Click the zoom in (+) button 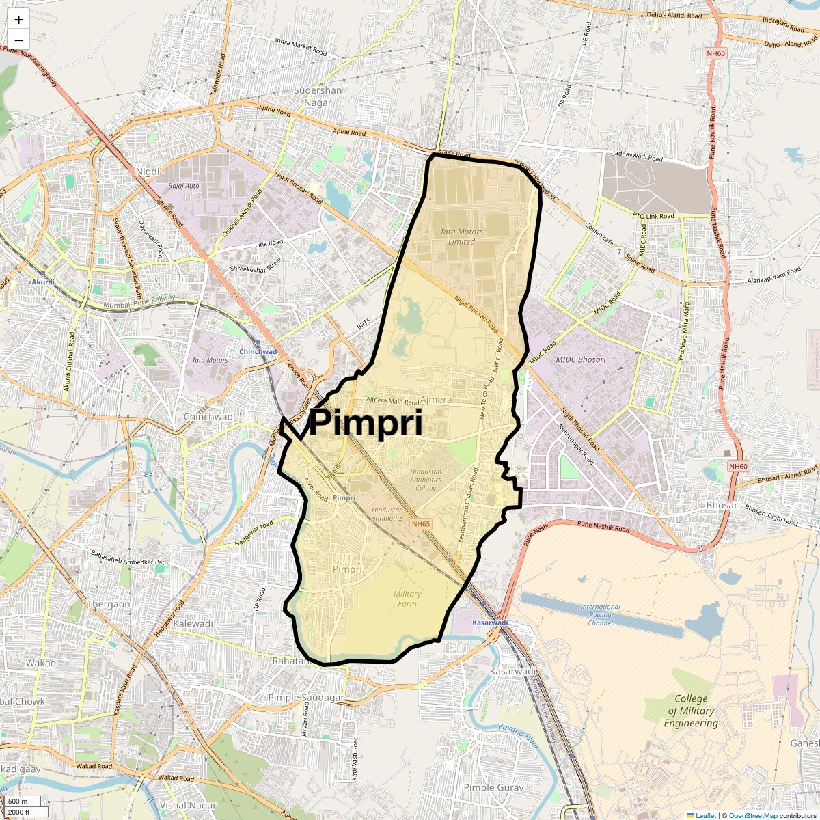point(18,20)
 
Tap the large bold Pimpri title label point(366,423)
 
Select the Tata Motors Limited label point(461,236)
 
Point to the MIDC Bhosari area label point(580,359)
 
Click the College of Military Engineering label point(691,711)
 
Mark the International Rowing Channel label point(600,614)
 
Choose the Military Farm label point(407,599)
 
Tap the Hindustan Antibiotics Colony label point(426,480)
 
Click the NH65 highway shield point(421,524)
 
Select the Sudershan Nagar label point(318,96)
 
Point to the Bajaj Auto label point(184,186)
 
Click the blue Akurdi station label point(42,282)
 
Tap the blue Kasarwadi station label point(490,623)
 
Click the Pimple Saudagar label point(305,698)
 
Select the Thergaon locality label point(109,604)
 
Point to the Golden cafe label point(599,233)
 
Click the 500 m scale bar point(18,801)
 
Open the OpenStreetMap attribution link point(752,815)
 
